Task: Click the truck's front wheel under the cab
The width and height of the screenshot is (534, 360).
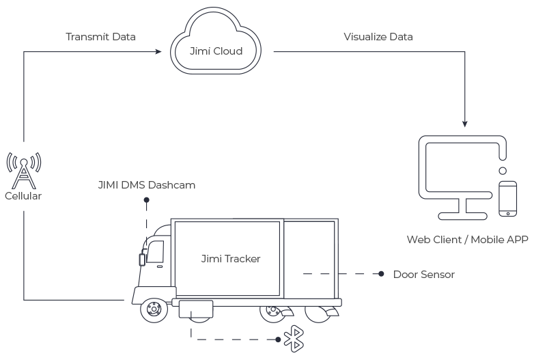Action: click(154, 309)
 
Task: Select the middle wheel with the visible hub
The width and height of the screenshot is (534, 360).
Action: click(272, 311)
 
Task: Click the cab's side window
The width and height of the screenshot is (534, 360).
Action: click(156, 251)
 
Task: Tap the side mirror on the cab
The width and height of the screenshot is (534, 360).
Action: click(142, 260)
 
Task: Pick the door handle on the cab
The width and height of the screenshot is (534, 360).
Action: click(159, 266)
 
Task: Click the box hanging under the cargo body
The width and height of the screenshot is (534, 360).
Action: click(196, 309)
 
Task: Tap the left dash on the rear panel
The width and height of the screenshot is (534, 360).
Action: click(307, 274)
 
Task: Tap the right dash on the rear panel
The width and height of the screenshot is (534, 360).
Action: click(325, 274)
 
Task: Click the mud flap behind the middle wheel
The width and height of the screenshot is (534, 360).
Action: click(287, 312)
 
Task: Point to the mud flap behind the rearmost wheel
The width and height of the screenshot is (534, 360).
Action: click(332, 312)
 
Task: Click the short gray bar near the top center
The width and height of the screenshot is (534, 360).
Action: click(223, 51)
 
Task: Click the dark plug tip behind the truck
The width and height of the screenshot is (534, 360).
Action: click(386, 274)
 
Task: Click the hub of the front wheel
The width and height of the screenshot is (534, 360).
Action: click(154, 309)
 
